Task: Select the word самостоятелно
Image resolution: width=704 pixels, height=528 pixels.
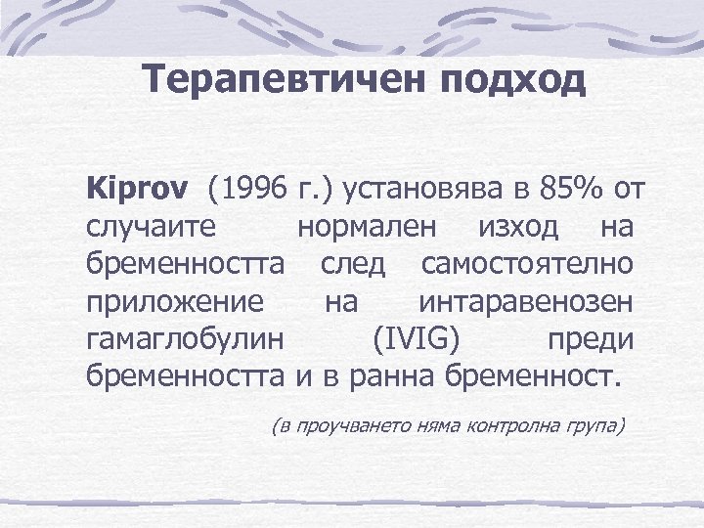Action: point(527,264)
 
